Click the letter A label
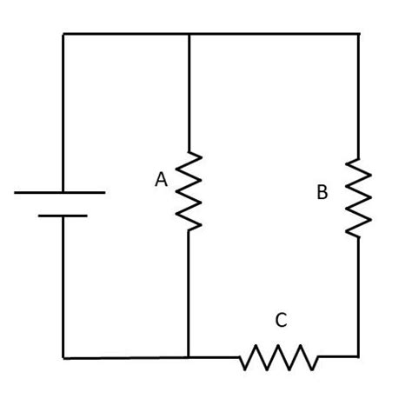(x=161, y=180)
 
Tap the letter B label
(x=322, y=193)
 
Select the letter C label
(x=280, y=321)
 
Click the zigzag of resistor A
(x=189, y=191)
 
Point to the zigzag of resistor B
(x=358, y=197)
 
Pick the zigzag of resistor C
(x=279, y=356)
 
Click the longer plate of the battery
(x=60, y=192)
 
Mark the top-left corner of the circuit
(x=63, y=34)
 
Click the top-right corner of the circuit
(x=358, y=34)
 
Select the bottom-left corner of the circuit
(x=63, y=356)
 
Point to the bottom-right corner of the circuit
(x=358, y=356)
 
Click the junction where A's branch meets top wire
(x=189, y=34)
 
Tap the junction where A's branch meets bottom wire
(x=189, y=356)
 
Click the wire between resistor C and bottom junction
(x=214, y=356)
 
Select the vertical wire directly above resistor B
(x=358, y=96)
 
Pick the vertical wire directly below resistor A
(x=189, y=291)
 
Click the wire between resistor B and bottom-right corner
(x=358, y=296)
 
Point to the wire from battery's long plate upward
(x=63, y=113)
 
